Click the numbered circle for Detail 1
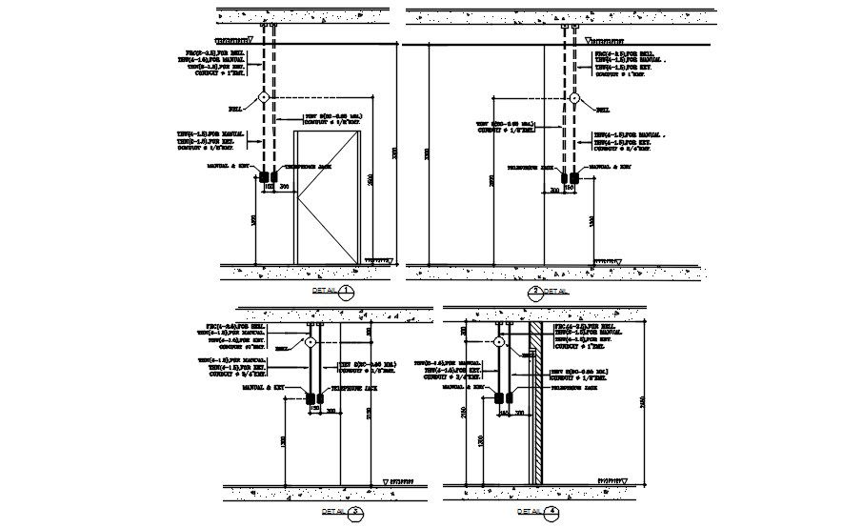click(x=347, y=291)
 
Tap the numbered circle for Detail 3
click(x=356, y=512)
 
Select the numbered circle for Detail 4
click(x=552, y=512)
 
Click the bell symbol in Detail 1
click(x=264, y=98)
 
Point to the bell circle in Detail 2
click(x=574, y=98)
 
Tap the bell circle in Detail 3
click(x=311, y=340)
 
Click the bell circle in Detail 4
click(x=497, y=340)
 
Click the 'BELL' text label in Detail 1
click(x=232, y=109)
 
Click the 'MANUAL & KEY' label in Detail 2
click(x=607, y=166)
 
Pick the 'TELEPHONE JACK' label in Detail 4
click(x=576, y=389)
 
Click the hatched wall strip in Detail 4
click(x=536, y=400)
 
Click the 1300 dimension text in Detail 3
click(x=286, y=442)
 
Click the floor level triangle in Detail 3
click(x=385, y=481)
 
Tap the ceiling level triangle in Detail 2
click(x=589, y=41)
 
